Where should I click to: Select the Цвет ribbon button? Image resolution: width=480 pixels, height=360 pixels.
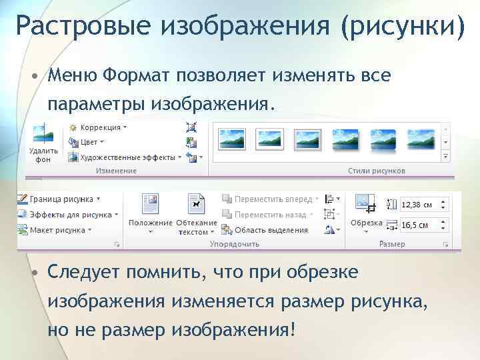[x=89, y=142]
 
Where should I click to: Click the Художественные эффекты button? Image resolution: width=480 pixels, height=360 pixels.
[x=127, y=157]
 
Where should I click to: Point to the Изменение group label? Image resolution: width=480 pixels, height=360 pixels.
[x=116, y=171]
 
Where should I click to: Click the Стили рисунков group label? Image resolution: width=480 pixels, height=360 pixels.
[x=376, y=171]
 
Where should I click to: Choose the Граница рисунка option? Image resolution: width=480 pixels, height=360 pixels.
[x=60, y=199]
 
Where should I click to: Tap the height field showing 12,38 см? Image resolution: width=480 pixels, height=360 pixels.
[x=423, y=205]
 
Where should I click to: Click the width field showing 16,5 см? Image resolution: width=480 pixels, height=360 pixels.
[x=423, y=225]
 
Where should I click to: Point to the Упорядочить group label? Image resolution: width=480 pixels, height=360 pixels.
[x=234, y=245]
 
